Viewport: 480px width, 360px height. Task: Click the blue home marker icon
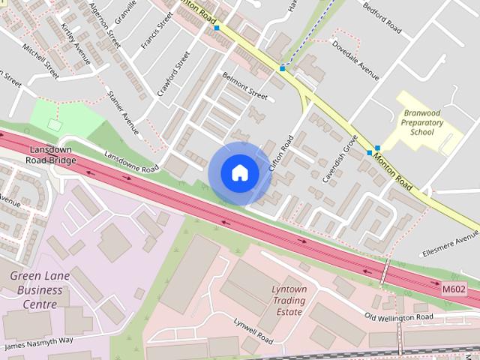240,173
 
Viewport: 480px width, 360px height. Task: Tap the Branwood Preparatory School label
421,122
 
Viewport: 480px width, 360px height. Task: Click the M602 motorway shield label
454,289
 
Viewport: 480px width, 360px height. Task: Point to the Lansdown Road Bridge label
50,154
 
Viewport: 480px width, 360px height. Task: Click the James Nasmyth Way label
39,343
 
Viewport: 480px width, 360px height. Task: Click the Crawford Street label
174,74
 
